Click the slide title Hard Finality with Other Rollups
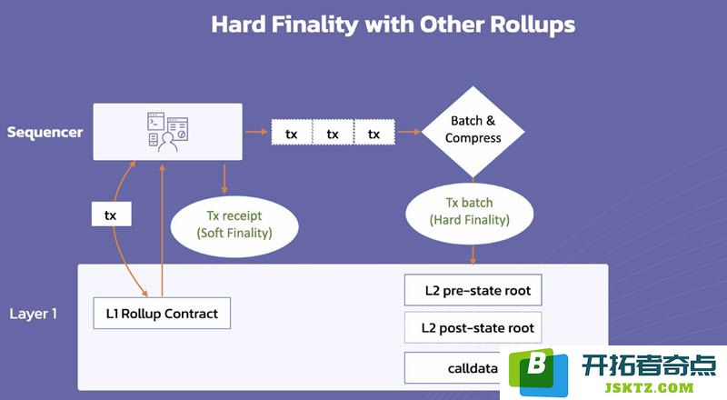(393, 25)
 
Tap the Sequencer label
(45, 133)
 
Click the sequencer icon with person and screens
(168, 132)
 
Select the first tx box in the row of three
(292, 132)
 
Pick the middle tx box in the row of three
(333, 132)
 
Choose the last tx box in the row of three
(374, 132)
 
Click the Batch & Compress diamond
(473, 132)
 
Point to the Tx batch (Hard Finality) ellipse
(470, 214)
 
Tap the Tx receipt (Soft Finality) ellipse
(234, 226)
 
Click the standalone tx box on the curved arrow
(111, 214)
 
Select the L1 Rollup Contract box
(162, 314)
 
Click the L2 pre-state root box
(473, 290)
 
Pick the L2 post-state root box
(473, 327)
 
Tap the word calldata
(473, 368)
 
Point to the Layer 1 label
(33, 314)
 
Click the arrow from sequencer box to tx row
(256, 132)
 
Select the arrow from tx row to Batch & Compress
(409, 132)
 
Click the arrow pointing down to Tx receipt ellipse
(224, 179)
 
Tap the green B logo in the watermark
(538, 372)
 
